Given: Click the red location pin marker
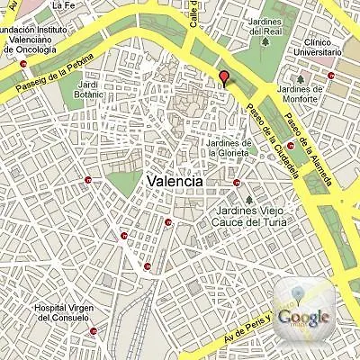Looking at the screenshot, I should (224, 77).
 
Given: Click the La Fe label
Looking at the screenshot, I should (62, 5).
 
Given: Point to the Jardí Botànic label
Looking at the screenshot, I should (89, 87).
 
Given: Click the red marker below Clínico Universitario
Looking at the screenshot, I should (331, 76).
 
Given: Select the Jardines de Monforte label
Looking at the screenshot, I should (300, 94).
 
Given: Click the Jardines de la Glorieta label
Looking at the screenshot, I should (228, 147).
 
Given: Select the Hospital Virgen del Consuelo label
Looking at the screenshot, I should (62, 312).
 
